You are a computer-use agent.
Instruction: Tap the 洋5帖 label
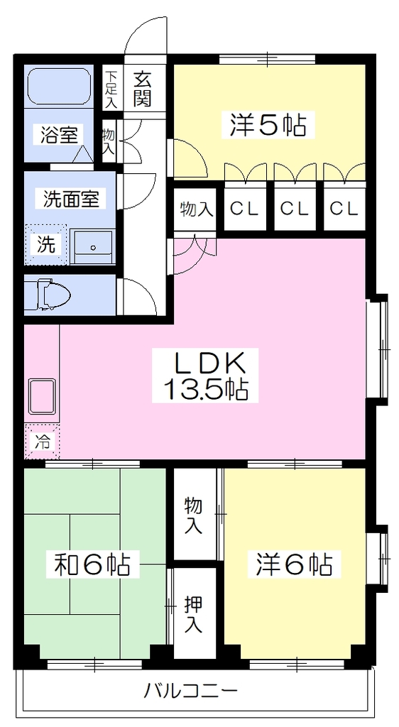pyautogui.click(x=268, y=125)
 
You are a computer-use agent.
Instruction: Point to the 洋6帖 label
pyautogui.click(x=294, y=564)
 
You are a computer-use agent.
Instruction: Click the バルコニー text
pyautogui.click(x=190, y=692)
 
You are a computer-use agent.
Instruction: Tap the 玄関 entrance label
pyautogui.click(x=142, y=90)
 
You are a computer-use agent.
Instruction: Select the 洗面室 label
pyautogui.click(x=71, y=199)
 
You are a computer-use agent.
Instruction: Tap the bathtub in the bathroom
pyautogui.click(x=59, y=87)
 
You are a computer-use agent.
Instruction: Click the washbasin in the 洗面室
pyautogui.click(x=93, y=246)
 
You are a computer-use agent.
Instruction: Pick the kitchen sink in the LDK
pyautogui.click(x=42, y=396)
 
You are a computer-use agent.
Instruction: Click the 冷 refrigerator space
pyautogui.click(x=41, y=441)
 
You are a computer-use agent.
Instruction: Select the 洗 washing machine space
pyautogui.click(x=45, y=245)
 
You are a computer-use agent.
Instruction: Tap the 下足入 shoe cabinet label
pyautogui.click(x=110, y=90)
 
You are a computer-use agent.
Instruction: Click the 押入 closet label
pyautogui.click(x=193, y=614)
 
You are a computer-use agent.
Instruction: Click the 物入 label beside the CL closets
pyautogui.click(x=196, y=209)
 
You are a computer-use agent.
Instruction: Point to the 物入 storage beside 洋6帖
pyautogui.click(x=193, y=515)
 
